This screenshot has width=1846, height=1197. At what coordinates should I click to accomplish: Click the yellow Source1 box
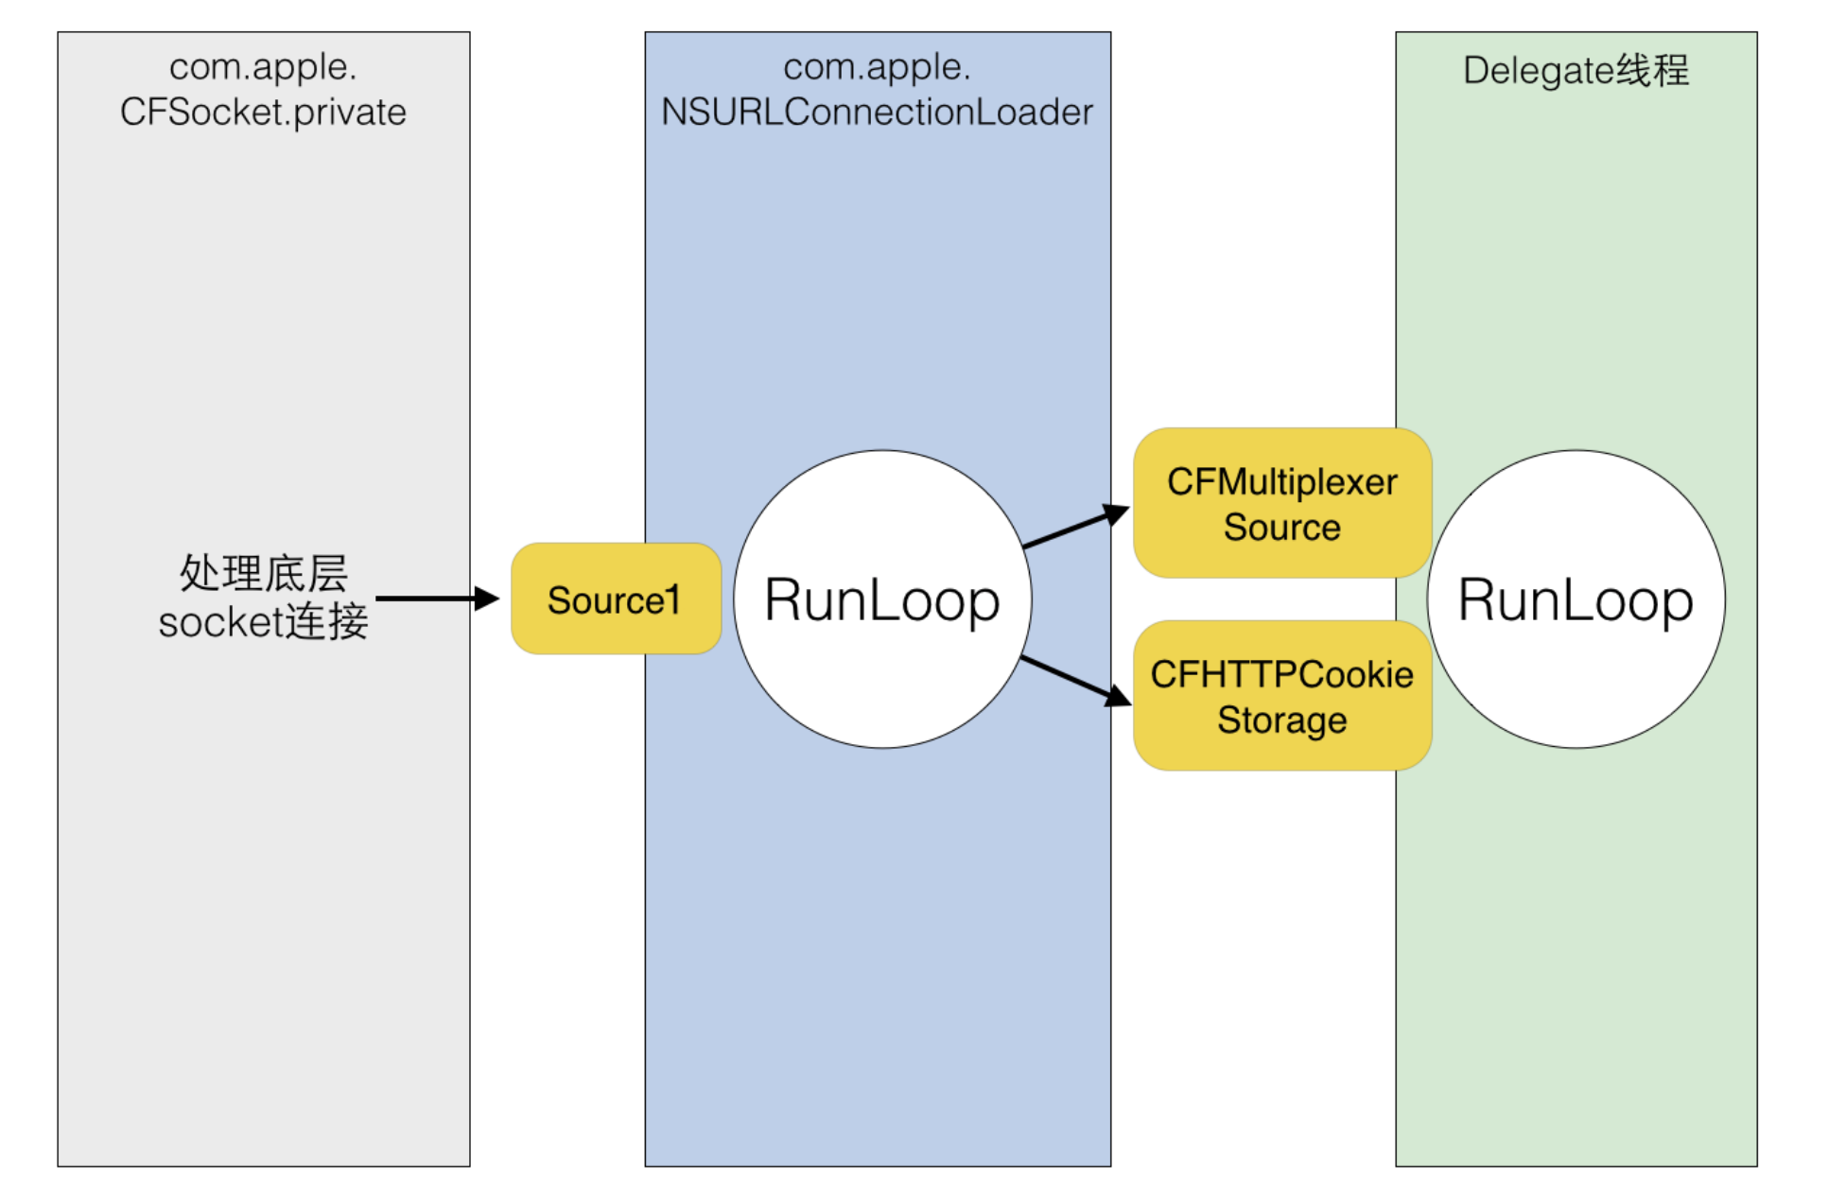[x=615, y=599]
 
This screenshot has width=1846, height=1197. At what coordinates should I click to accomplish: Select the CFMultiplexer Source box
[x=1281, y=503]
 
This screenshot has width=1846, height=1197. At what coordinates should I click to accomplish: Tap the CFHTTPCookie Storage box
[x=1281, y=696]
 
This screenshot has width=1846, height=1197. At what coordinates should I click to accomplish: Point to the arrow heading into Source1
[x=435, y=598]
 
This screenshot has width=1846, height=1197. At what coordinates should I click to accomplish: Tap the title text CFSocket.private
[x=263, y=113]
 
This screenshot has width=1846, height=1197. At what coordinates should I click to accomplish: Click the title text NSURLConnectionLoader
[x=877, y=113]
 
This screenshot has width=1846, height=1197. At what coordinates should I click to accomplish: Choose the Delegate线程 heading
[x=1576, y=71]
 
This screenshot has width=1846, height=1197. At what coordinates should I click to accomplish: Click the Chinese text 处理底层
[x=264, y=573]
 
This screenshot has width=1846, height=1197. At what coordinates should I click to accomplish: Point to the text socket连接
[x=263, y=622]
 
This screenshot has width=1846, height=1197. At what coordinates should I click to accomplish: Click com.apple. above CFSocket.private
[x=263, y=67]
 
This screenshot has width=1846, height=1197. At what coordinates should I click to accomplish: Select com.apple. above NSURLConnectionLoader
[x=877, y=67]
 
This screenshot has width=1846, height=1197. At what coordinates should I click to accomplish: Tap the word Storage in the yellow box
[x=1281, y=720]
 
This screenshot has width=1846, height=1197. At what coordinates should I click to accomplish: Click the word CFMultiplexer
[x=1281, y=482]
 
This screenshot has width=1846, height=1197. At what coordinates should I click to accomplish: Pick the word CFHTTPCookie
[x=1281, y=675]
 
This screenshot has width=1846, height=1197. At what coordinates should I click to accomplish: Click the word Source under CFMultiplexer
[x=1281, y=528]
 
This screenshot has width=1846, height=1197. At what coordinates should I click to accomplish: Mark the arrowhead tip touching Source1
[x=497, y=598]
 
